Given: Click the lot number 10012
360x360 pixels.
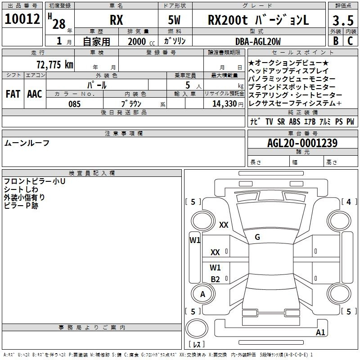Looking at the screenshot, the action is coord(22,19).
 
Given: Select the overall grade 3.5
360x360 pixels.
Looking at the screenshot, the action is coord(343,21).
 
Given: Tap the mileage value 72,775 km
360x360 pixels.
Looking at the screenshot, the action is coord(55,65).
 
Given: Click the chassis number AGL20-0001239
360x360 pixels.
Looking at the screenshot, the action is coord(302,143).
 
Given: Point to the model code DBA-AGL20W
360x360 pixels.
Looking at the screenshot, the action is coord(258,41).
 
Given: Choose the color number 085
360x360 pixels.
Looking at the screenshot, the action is coord(75,104).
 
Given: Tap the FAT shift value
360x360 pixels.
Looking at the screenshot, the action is coord(13,94).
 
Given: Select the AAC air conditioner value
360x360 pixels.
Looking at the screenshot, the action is coord(35,94).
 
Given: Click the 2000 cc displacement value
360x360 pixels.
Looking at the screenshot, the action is coord(141,41).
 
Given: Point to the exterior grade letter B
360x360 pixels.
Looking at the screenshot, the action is coord(336,41).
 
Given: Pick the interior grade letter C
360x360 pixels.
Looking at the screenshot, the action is coord(350,41).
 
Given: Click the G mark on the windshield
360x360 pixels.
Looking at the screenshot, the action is coord(257,237).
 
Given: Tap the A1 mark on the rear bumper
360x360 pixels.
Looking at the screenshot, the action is coord(320,332).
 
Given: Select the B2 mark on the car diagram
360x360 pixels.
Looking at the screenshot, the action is coord(216,279).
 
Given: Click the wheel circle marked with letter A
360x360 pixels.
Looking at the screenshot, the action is coord(203,294).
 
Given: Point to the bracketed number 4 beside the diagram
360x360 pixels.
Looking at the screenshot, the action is coord(349,202).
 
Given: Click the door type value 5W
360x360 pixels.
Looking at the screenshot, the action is coord(174,20).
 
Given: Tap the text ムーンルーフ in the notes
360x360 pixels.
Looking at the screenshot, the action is coord(27,143).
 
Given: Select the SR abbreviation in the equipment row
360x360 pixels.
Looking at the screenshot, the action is coord(281,121).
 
